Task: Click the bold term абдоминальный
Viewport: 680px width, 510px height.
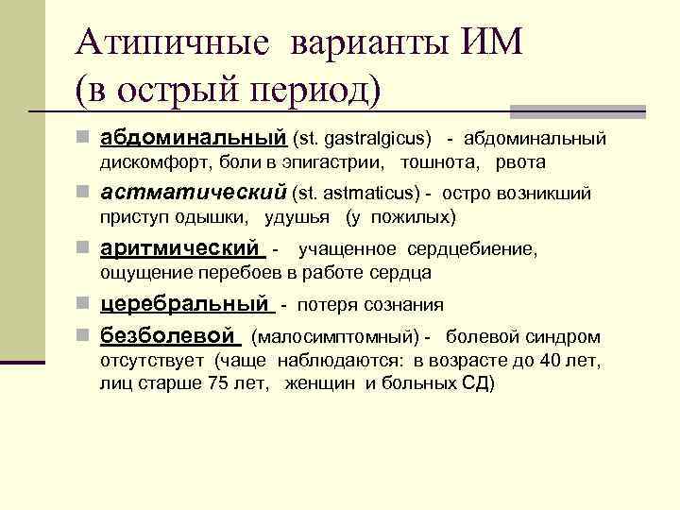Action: (193, 138)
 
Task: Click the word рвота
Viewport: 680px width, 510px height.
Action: (519, 162)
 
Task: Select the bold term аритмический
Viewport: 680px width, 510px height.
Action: (179, 248)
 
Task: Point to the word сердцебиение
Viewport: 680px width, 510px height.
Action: (472, 249)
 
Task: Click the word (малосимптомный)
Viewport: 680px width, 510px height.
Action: (335, 337)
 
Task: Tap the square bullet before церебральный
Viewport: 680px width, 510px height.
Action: (86, 305)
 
